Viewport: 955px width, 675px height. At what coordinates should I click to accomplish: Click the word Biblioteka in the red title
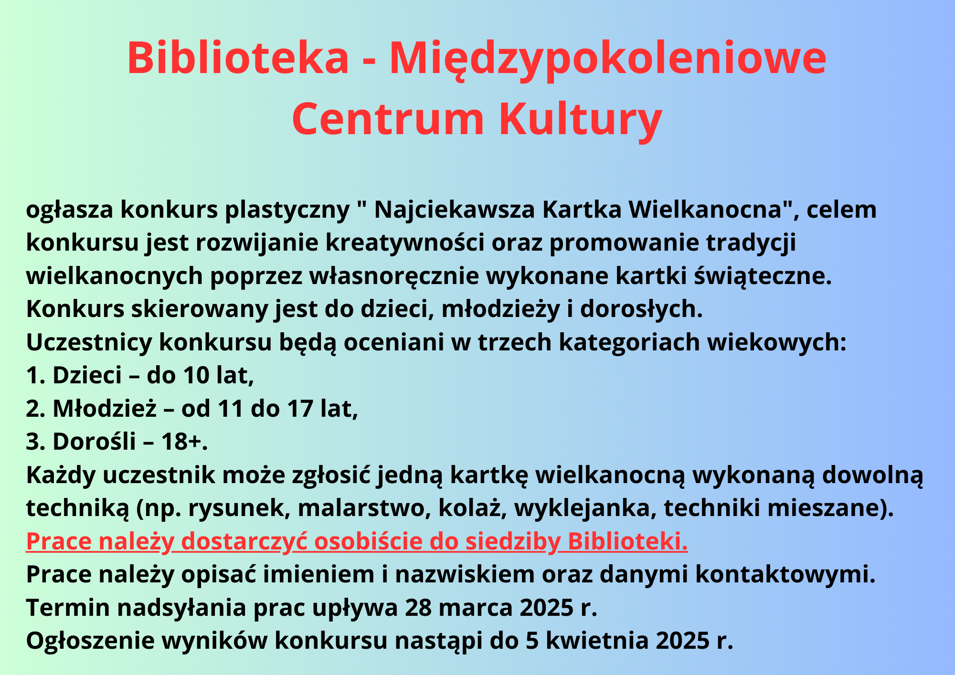[238, 58]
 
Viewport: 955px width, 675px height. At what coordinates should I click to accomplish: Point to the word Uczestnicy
[89, 343]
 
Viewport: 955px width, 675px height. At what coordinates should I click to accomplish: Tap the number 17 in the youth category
[299, 409]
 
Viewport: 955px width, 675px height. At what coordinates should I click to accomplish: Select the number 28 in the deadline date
[418, 608]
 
